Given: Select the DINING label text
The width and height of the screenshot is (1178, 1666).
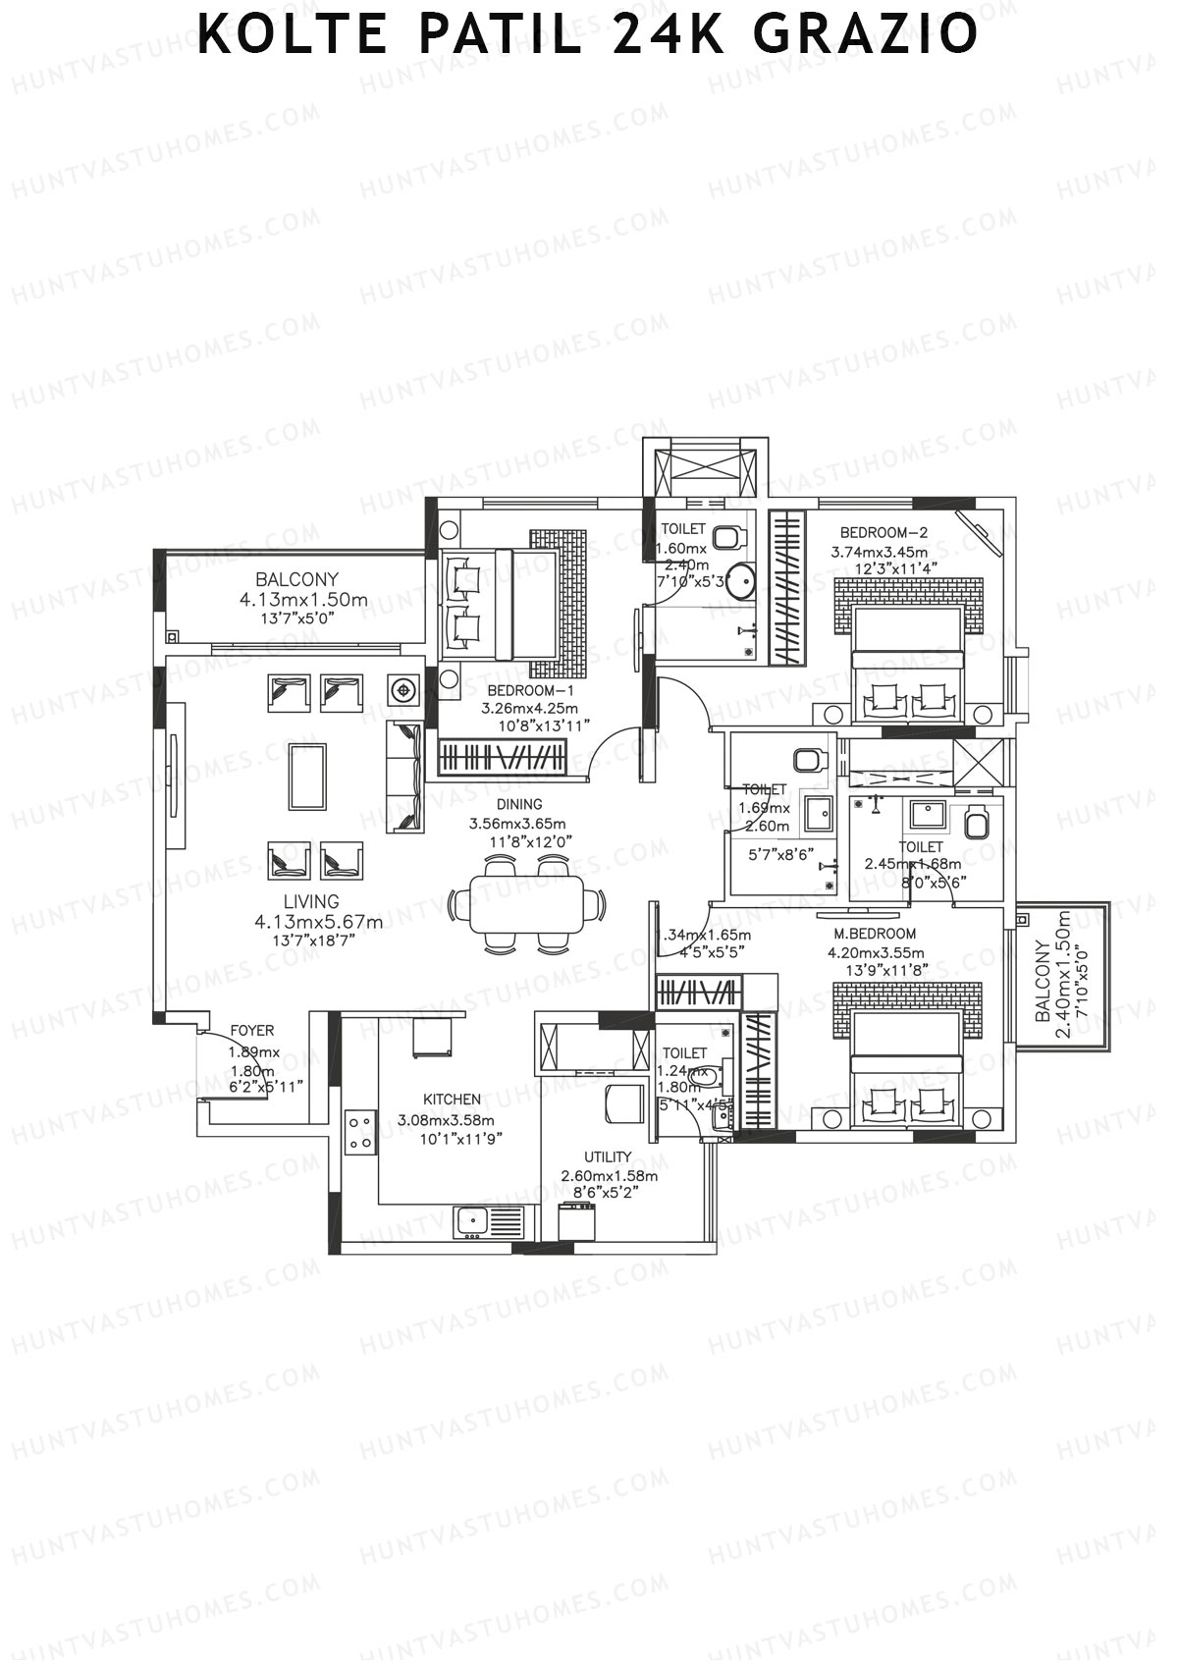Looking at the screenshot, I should point(519,805).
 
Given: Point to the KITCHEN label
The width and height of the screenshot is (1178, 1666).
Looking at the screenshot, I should point(452,1100).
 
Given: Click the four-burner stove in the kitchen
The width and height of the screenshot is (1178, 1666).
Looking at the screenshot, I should point(359,1131).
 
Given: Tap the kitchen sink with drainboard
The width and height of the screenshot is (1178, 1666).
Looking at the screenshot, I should point(489,1223).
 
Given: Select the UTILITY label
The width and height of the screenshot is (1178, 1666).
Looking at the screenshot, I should point(608,1157).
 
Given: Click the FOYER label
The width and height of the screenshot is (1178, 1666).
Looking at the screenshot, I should point(252,1031).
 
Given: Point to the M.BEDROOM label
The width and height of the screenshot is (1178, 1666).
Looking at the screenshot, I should point(875,934).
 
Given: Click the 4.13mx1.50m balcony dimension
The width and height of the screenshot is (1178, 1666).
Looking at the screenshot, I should point(303,600).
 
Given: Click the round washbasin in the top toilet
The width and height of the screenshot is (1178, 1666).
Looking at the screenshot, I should point(743,581).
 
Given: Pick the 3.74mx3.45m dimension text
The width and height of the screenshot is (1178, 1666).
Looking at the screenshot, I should point(880,552).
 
